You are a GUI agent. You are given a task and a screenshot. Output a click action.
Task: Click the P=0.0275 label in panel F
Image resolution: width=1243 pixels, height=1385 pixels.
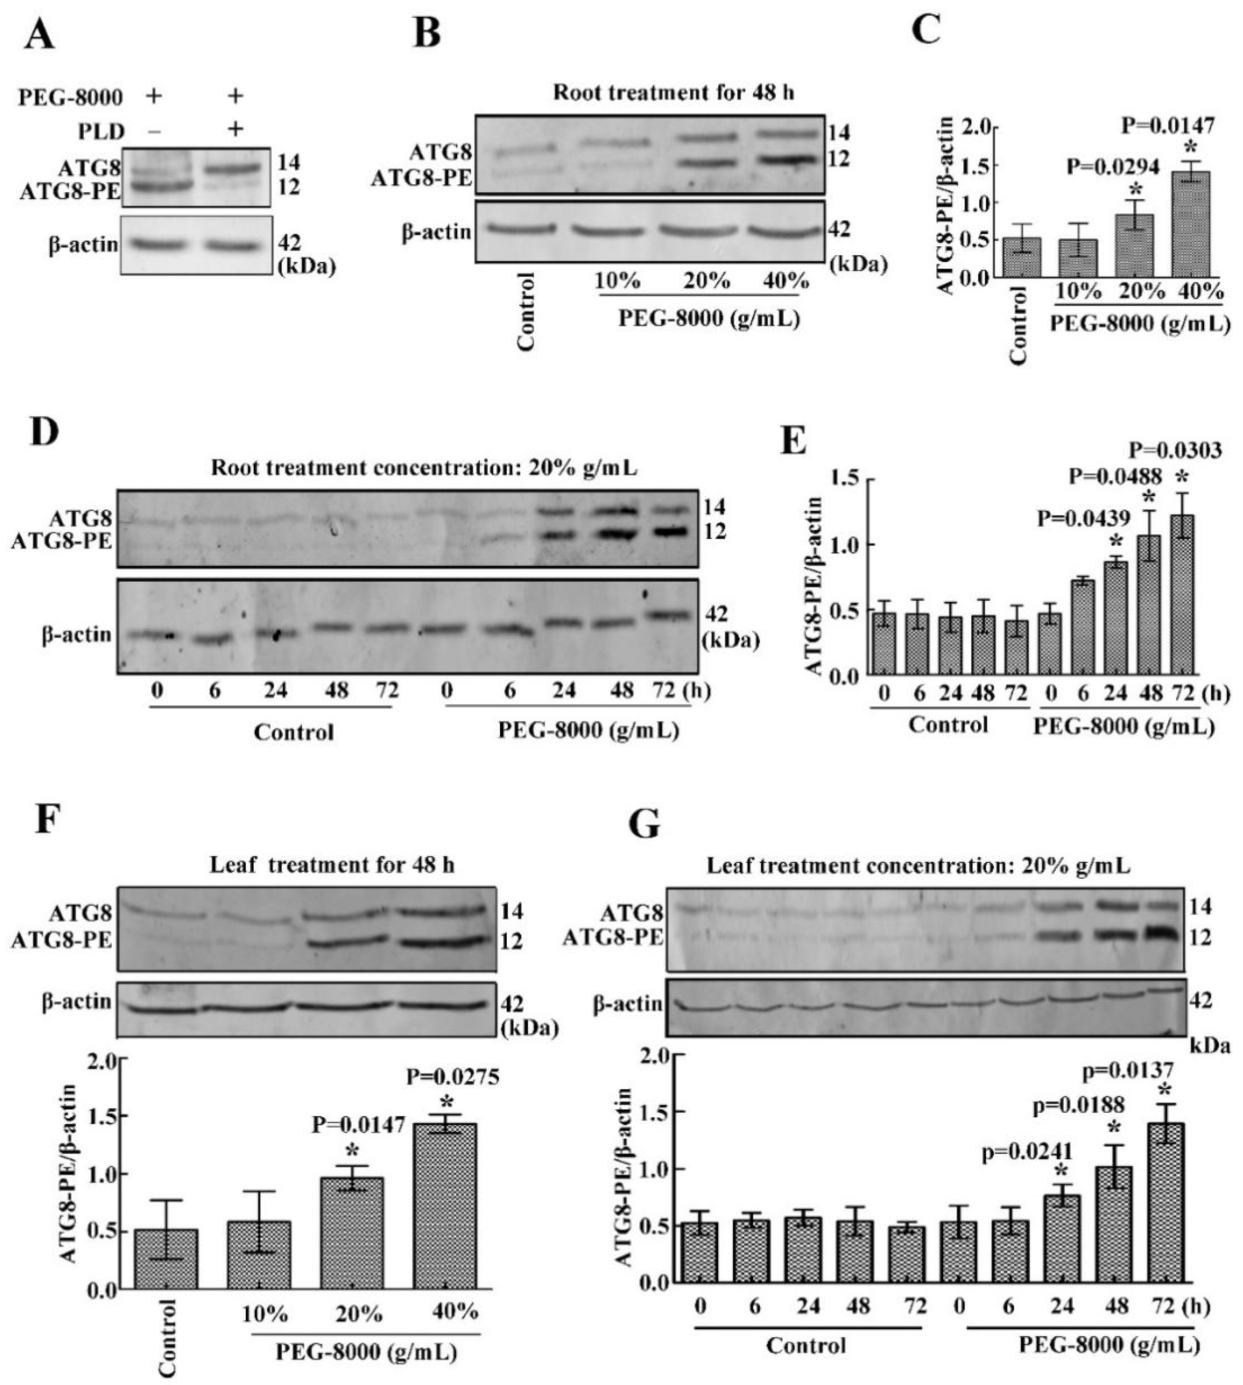click(x=453, y=1078)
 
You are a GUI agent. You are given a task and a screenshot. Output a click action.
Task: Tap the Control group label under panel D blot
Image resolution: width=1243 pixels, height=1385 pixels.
click(x=293, y=732)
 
